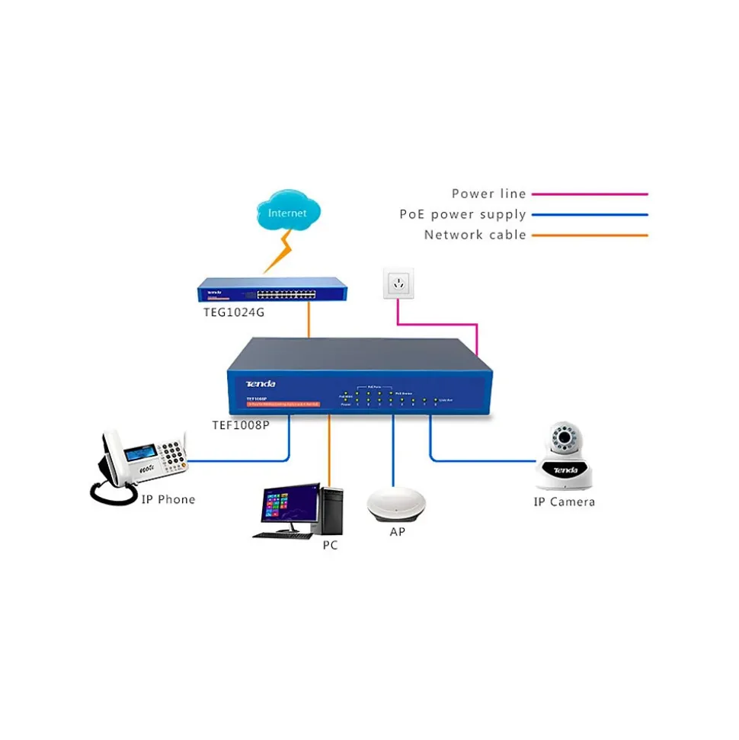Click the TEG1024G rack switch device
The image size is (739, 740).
click(x=272, y=291)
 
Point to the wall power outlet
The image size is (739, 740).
click(x=397, y=284)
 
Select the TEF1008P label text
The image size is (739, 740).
click(x=241, y=425)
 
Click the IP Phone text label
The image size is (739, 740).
click(x=168, y=500)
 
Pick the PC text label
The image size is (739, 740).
click(x=330, y=546)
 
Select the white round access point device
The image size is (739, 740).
click(x=397, y=504)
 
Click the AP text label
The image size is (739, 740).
click(x=398, y=532)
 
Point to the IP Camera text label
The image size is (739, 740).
click(x=564, y=502)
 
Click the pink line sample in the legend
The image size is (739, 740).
click(x=590, y=194)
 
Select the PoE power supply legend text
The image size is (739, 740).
click(x=462, y=215)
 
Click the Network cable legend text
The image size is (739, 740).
click(x=475, y=235)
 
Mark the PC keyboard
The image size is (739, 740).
click(x=283, y=535)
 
